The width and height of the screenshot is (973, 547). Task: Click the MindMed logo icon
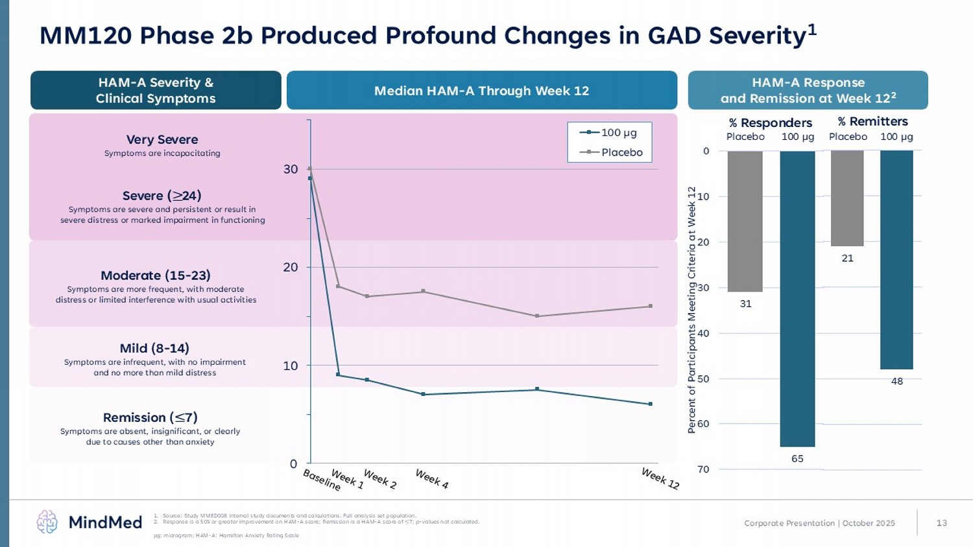pyautogui.click(x=47, y=522)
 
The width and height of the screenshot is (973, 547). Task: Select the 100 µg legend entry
pyautogui.click(x=609, y=133)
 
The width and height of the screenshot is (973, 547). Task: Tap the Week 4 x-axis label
pyautogui.click(x=432, y=479)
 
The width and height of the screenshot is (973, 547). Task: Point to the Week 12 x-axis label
pyautogui.click(x=660, y=479)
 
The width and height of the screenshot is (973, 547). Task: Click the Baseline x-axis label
pyautogui.click(x=322, y=480)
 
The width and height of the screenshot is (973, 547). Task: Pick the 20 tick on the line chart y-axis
pyautogui.click(x=291, y=267)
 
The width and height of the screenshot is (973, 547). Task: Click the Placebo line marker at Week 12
pyautogui.click(x=650, y=306)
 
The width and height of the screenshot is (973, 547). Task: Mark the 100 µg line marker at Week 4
pyautogui.click(x=423, y=394)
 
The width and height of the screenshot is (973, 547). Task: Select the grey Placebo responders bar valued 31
pyautogui.click(x=745, y=221)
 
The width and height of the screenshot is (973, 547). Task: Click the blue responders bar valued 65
pyautogui.click(x=797, y=299)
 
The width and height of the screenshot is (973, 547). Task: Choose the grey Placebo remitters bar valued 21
pyautogui.click(x=847, y=198)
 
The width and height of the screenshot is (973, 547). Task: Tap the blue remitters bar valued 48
pyautogui.click(x=896, y=260)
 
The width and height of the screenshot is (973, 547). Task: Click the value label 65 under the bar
pyautogui.click(x=797, y=459)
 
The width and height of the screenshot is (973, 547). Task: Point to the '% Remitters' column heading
pyautogui.click(x=872, y=121)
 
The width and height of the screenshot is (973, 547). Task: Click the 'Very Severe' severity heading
pyautogui.click(x=162, y=139)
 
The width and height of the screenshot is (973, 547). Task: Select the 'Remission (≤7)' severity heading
pyautogui.click(x=150, y=417)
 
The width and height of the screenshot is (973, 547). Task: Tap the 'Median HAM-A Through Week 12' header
pyautogui.click(x=481, y=91)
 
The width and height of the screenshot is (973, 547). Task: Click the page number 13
pyautogui.click(x=942, y=523)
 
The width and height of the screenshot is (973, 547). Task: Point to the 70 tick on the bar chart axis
pyautogui.click(x=704, y=469)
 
